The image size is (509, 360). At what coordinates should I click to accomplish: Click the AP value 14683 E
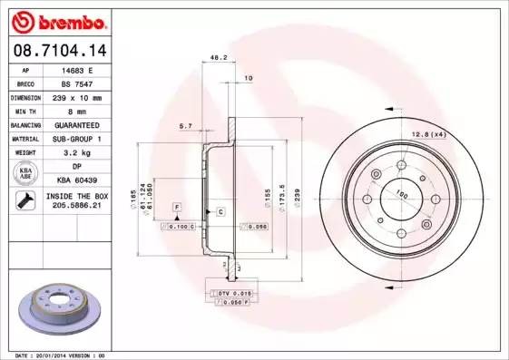(x=77, y=69)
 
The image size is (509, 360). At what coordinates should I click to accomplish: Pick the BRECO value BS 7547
(x=77, y=83)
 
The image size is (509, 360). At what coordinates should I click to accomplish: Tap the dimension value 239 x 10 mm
(x=77, y=97)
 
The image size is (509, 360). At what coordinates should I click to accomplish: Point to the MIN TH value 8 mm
(x=77, y=111)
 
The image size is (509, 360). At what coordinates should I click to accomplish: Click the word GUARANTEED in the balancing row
(x=77, y=124)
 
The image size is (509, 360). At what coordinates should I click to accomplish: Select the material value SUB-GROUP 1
(x=77, y=139)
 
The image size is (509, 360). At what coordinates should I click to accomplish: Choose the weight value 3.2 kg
(x=77, y=152)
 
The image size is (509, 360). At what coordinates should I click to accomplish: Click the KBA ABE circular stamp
(x=24, y=173)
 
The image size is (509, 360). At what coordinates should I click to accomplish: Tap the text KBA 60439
(x=77, y=180)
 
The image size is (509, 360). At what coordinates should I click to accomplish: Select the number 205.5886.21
(x=77, y=207)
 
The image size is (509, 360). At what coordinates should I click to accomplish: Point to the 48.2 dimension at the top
(x=218, y=57)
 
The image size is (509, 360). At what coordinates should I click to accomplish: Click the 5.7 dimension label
(x=185, y=125)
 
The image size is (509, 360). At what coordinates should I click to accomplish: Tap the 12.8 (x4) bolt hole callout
(x=427, y=134)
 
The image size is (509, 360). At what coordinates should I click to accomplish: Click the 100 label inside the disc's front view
(x=400, y=193)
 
